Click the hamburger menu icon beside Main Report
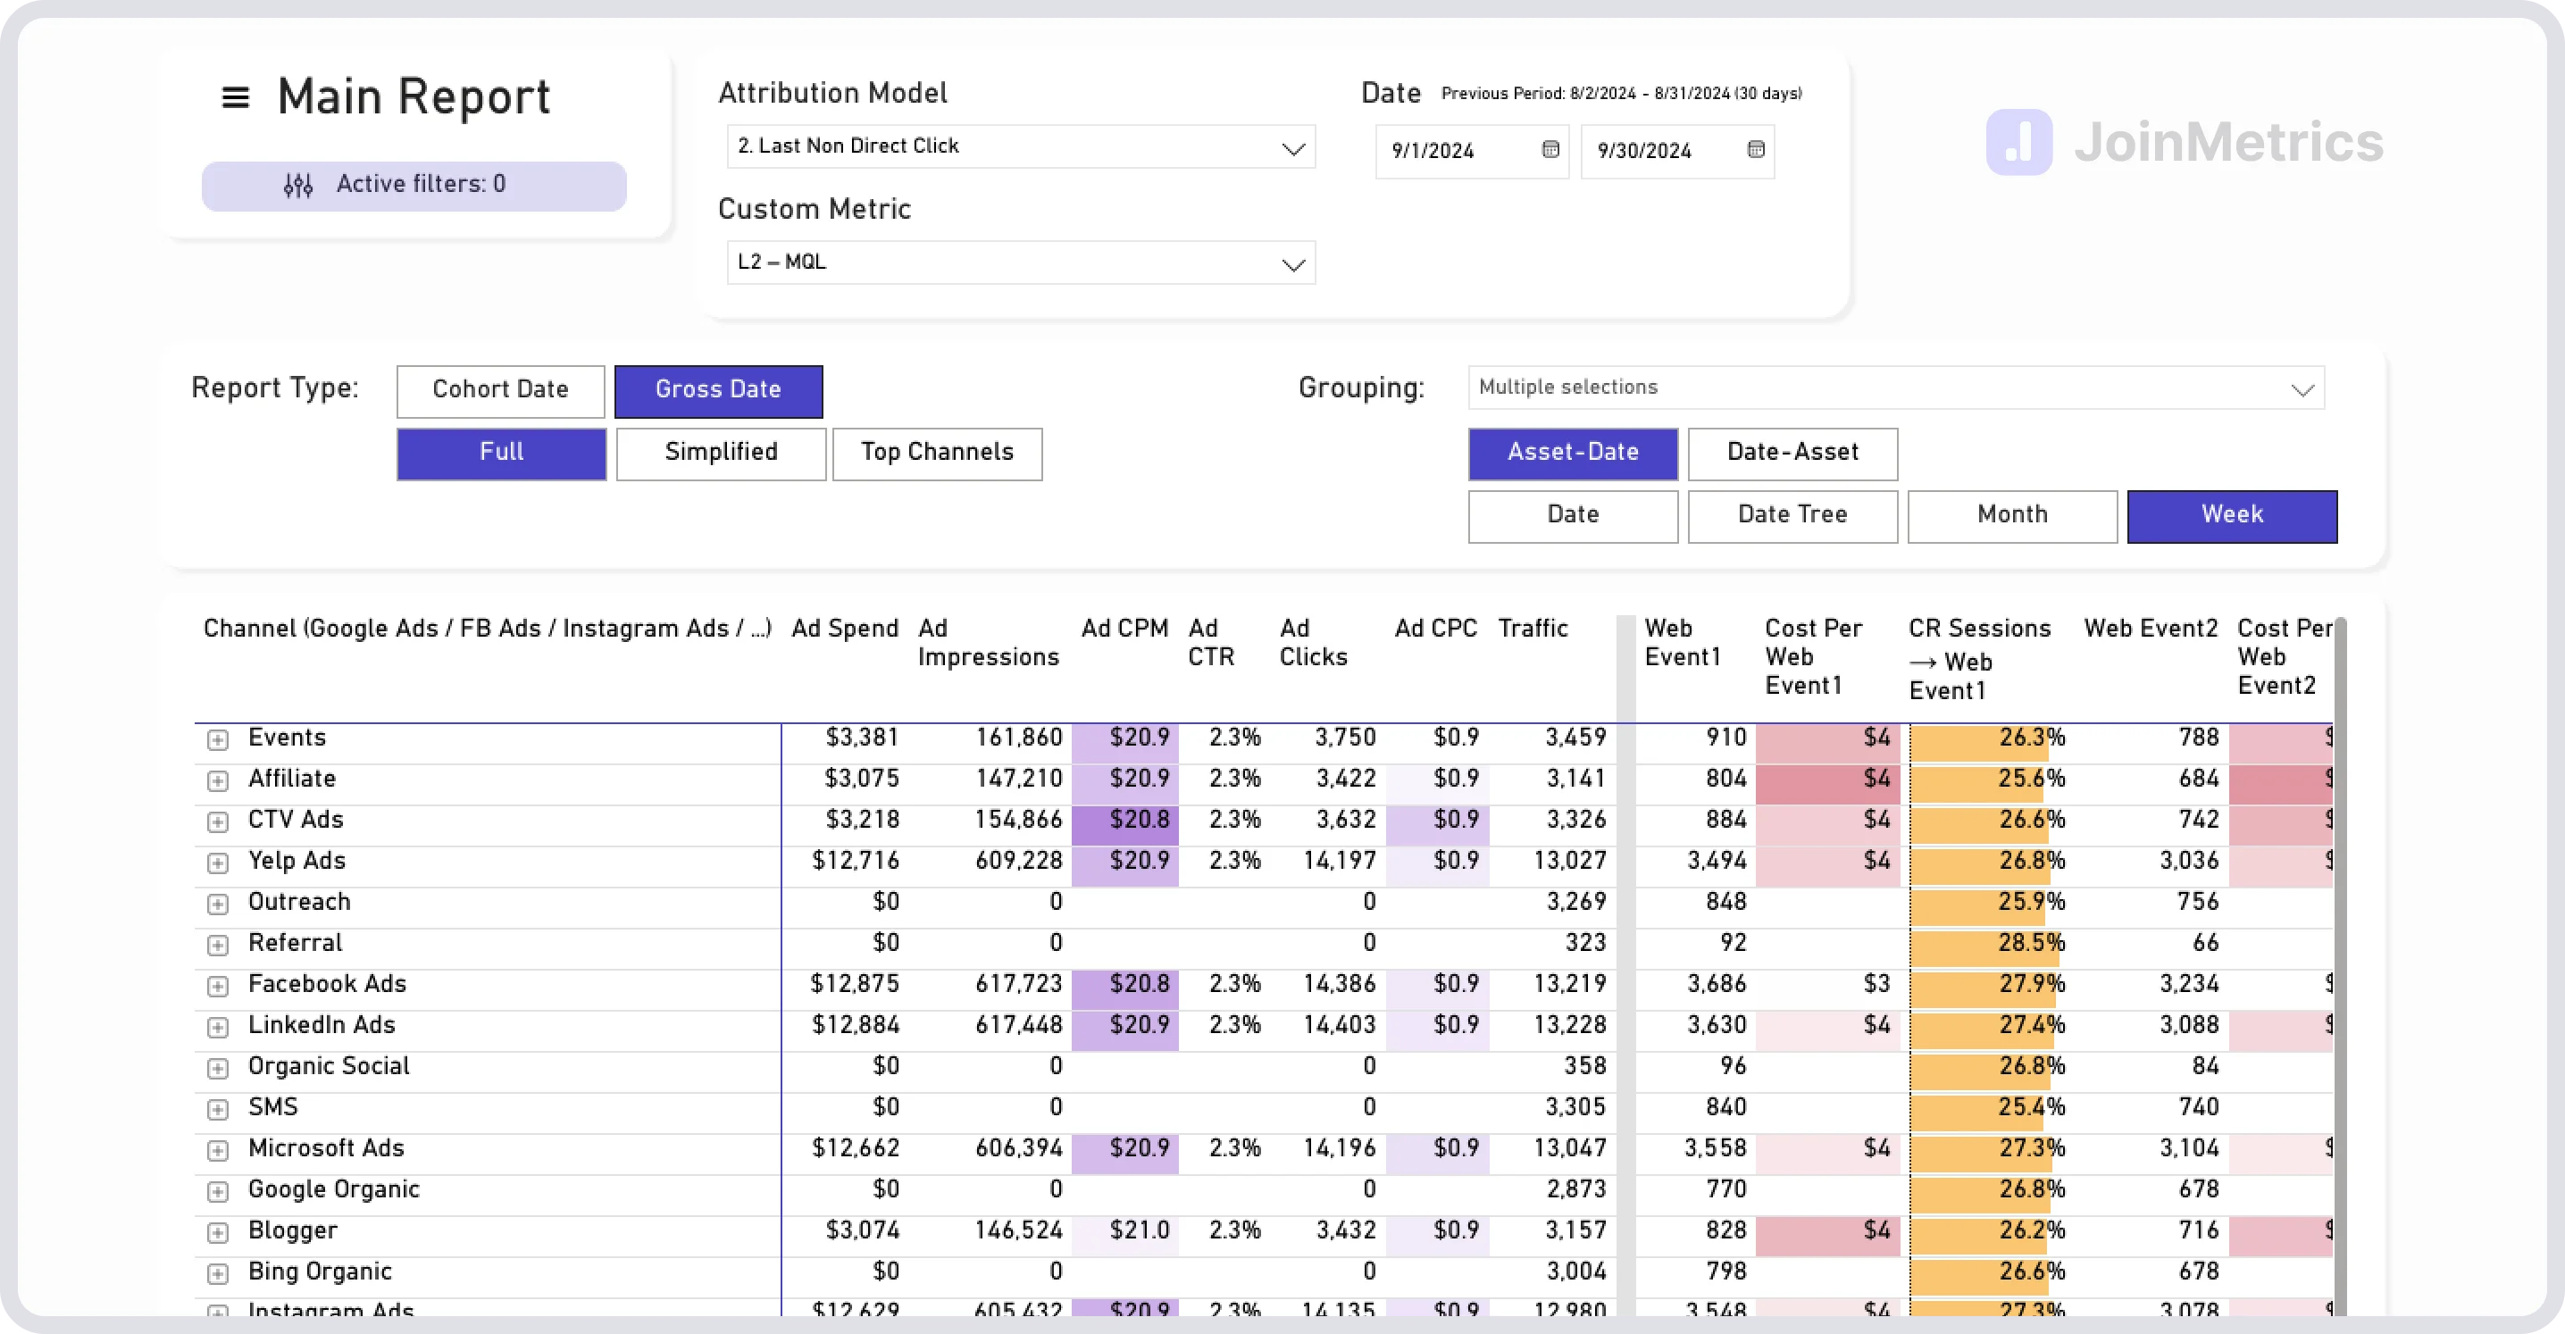pos(235,97)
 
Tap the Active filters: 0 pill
pos(414,185)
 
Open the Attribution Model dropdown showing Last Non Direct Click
pos(1021,147)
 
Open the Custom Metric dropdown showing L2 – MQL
pos(1021,263)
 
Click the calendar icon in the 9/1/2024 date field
pos(1550,149)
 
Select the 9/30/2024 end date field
pos(1663,151)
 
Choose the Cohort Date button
pos(500,390)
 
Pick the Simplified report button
pos(721,453)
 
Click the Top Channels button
pos(937,453)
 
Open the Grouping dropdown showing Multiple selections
pos(1896,388)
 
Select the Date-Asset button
pos(1792,453)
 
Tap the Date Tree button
pos(1792,516)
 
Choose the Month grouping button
pos(2012,516)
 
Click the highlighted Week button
pos(2232,516)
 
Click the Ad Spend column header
pos(844,629)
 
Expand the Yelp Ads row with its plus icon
pos(218,863)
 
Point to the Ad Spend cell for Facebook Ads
pos(855,985)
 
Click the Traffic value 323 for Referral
pos(1584,943)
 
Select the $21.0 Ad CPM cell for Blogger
pos(1139,1231)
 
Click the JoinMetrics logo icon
pos(2018,142)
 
